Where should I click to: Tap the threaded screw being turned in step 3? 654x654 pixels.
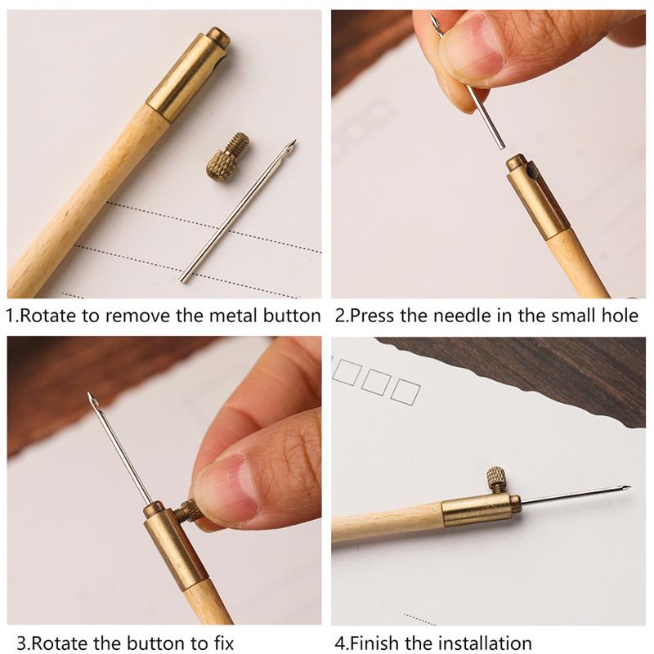pyautogui.click(x=190, y=511)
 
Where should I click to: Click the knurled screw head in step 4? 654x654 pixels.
pyautogui.click(x=496, y=477)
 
